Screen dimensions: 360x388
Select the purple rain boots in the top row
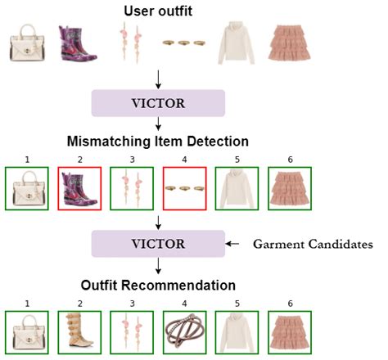pos(76,44)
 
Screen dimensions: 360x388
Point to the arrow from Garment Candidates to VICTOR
pos(234,244)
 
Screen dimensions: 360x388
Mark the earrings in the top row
pos(128,45)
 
